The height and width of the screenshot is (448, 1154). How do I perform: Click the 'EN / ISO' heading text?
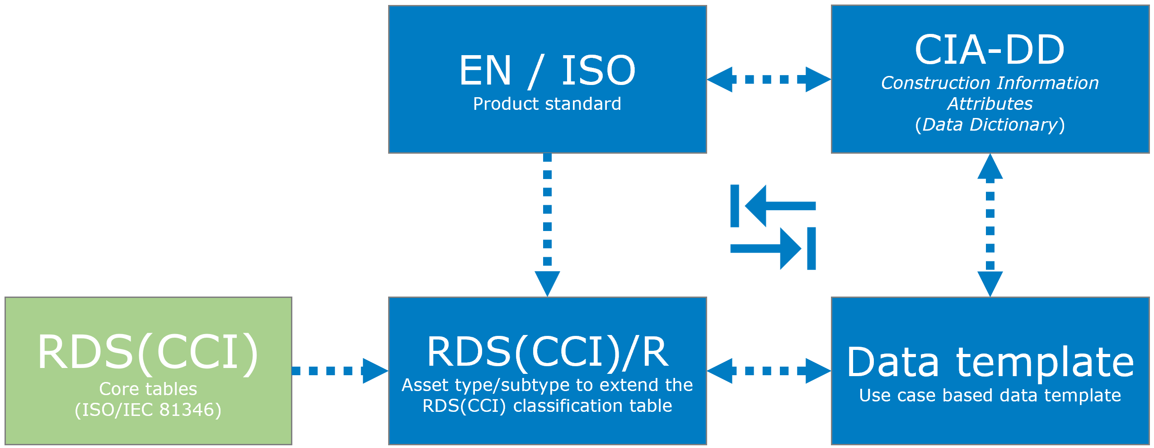(x=547, y=71)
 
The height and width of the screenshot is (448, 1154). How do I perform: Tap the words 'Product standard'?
(x=547, y=104)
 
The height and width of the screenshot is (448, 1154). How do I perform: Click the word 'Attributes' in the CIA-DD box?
(x=990, y=104)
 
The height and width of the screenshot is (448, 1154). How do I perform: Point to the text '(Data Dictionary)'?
(x=990, y=125)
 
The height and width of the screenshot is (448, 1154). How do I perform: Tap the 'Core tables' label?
(x=148, y=389)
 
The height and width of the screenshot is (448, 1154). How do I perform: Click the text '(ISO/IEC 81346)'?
(x=148, y=410)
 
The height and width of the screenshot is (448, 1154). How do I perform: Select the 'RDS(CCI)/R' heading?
(x=547, y=352)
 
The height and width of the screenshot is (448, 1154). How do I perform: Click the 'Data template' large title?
(x=990, y=362)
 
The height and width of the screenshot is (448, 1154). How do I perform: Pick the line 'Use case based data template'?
(x=990, y=396)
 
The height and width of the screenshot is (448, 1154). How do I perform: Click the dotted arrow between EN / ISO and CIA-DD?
(x=769, y=80)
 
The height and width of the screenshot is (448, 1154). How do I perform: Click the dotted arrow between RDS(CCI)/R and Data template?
(x=769, y=371)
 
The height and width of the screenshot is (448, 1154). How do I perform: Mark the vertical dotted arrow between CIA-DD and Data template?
(x=990, y=225)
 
